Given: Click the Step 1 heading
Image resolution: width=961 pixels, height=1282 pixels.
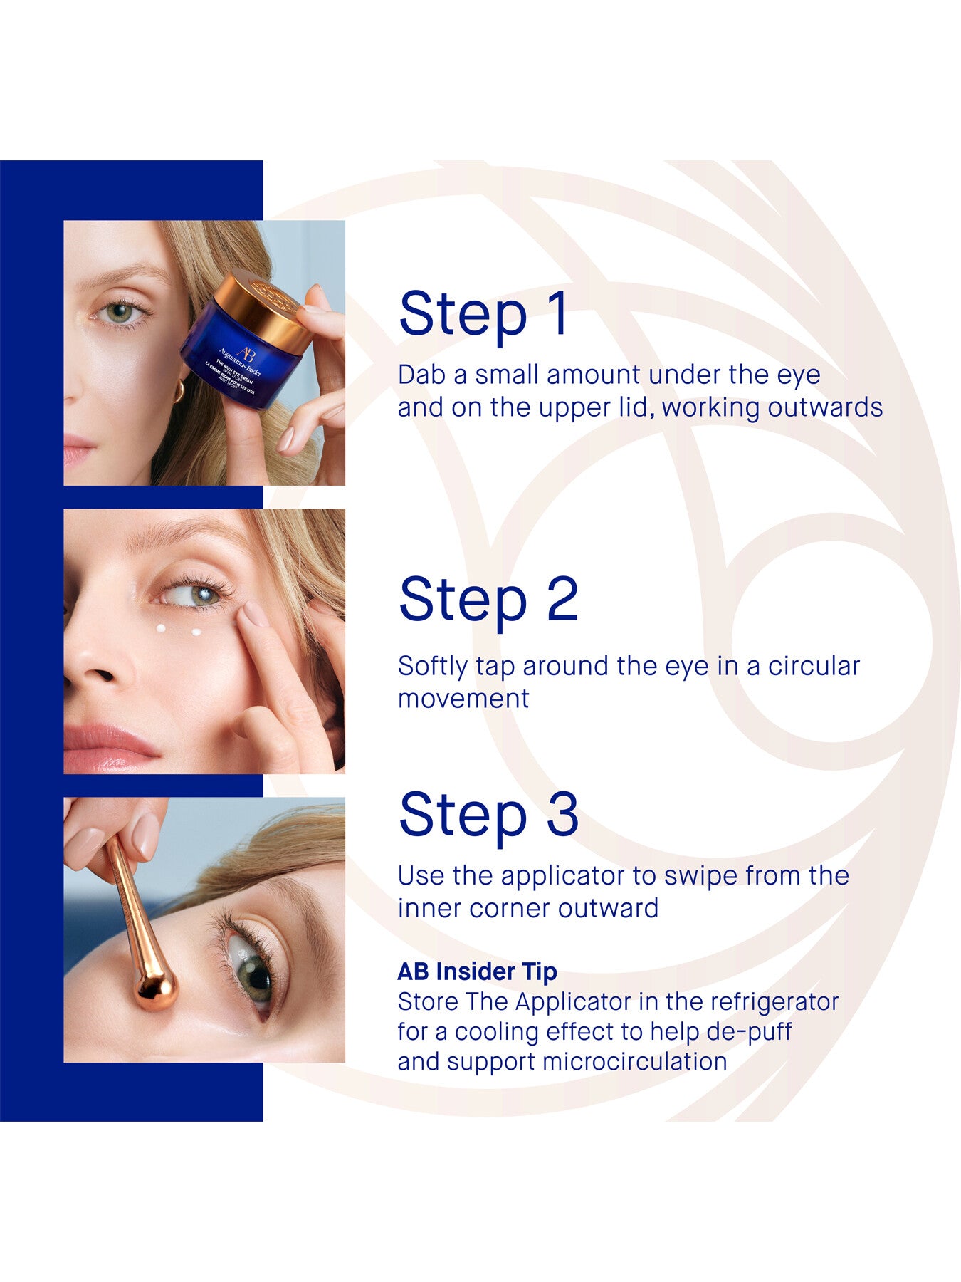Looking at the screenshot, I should click(484, 313).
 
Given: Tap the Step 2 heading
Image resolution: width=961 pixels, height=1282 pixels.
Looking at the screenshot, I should click(488, 600).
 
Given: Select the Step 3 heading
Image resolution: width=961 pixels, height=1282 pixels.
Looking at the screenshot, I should click(488, 815).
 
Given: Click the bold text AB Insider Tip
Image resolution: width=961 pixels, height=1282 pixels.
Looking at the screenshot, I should click(477, 971).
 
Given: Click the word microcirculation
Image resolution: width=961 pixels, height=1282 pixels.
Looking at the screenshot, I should click(634, 1061).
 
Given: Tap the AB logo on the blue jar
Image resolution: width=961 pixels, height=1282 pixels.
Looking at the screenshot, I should click(246, 354).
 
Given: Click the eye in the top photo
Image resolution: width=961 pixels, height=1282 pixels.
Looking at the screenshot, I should click(121, 312).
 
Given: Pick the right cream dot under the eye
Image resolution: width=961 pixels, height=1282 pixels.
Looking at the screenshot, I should click(196, 632).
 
